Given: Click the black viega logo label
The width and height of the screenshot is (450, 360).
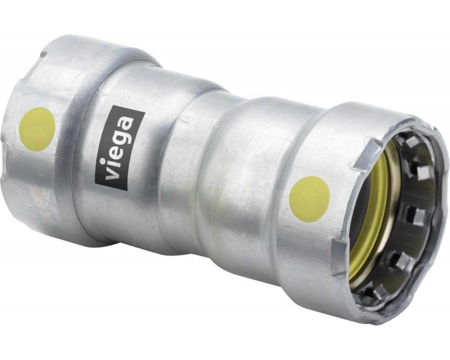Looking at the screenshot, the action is click(x=120, y=148).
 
